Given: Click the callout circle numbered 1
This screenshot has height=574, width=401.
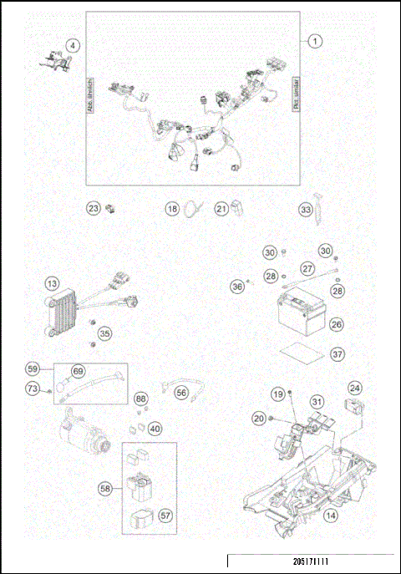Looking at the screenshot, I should (x=315, y=40).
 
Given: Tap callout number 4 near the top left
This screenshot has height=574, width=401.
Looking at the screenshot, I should (x=74, y=46).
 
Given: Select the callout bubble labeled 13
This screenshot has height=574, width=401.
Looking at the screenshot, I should (x=53, y=285).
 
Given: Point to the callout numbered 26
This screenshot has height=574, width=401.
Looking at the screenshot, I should (x=336, y=323).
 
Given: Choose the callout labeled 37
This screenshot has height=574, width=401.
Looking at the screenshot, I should (x=336, y=354).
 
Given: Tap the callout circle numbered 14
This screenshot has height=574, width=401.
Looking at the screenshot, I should (x=332, y=516).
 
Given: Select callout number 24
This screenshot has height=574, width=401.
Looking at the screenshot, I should (x=355, y=389).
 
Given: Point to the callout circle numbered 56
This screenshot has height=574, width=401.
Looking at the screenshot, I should (x=181, y=389).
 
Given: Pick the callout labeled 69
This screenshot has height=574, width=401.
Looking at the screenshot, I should (x=79, y=370).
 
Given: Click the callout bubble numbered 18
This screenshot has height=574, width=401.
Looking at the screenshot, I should (x=171, y=209).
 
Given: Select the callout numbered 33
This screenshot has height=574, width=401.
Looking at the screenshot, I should (x=307, y=209).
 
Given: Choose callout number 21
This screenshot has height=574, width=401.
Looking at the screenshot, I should (x=221, y=209).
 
